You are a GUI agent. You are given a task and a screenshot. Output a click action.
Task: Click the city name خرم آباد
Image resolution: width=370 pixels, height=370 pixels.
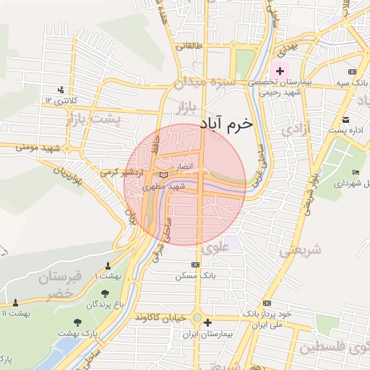tap(236, 124)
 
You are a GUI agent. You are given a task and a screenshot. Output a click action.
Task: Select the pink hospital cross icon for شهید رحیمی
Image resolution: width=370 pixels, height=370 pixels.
tap(280, 72)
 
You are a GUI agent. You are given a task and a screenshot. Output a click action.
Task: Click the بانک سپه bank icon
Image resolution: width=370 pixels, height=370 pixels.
tap(351, 72)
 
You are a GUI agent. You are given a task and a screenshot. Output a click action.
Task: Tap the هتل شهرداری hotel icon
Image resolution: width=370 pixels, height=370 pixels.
tap(355, 172)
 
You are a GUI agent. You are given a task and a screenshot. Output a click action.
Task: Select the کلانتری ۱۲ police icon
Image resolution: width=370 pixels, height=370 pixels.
tap(61, 90)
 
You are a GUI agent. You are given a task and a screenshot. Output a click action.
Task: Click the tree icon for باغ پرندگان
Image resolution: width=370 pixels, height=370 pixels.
tap(106, 293)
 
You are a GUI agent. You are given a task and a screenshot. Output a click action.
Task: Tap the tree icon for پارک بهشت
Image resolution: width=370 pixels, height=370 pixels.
tap(73, 323)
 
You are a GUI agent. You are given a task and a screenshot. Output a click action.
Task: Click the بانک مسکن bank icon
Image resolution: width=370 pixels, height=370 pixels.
tap(194, 265)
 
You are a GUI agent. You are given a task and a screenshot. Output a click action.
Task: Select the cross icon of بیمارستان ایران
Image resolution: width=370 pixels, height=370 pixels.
tap(208, 323)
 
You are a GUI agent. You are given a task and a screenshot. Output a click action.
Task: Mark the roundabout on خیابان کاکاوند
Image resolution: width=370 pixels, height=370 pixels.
tap(196, 318)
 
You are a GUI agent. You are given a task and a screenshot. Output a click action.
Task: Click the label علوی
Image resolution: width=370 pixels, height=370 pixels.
tap(217, 246)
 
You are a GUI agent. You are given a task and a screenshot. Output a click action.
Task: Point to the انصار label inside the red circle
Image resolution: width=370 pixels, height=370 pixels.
tap(185, 166)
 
